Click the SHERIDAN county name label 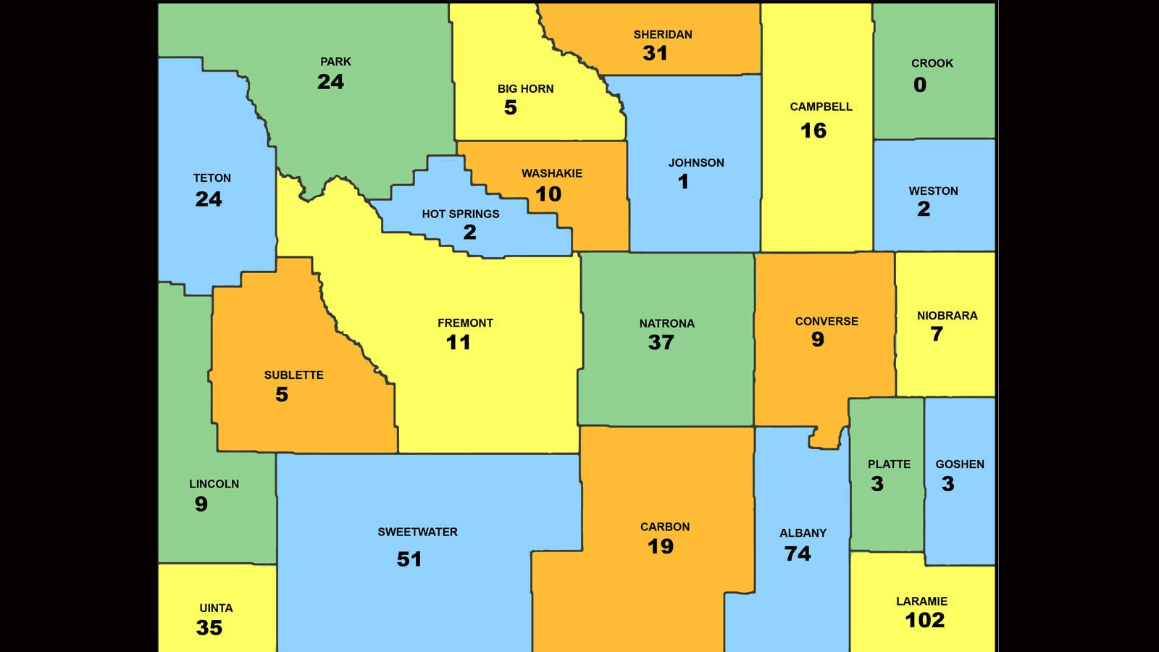662,35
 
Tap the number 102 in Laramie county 924,620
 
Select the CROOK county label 932,64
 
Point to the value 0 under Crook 919,85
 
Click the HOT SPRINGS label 460,214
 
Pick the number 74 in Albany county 797,554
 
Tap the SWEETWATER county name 417,532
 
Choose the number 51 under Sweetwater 409,559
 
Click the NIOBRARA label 947,316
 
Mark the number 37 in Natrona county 661,343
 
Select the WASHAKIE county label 551,174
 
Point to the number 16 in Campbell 813,131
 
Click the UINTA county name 216,609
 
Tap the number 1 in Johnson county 683,182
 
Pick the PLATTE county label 889,464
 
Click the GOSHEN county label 959,464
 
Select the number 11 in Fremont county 458,343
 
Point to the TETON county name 212,178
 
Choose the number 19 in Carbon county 660,547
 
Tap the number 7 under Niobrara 937,334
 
